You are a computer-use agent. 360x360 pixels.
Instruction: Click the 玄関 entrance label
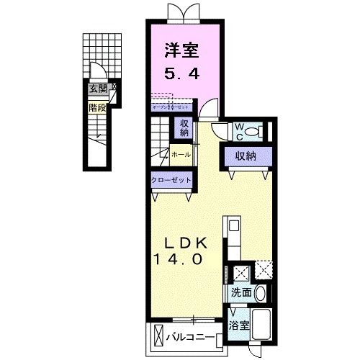98,89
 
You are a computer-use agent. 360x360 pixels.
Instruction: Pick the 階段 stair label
97,107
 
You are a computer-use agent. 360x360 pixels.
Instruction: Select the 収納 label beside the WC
241,155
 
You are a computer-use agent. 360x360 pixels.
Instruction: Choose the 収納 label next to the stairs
184,127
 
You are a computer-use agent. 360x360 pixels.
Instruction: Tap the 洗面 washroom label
241,293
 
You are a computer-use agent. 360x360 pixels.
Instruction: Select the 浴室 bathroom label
239,325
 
